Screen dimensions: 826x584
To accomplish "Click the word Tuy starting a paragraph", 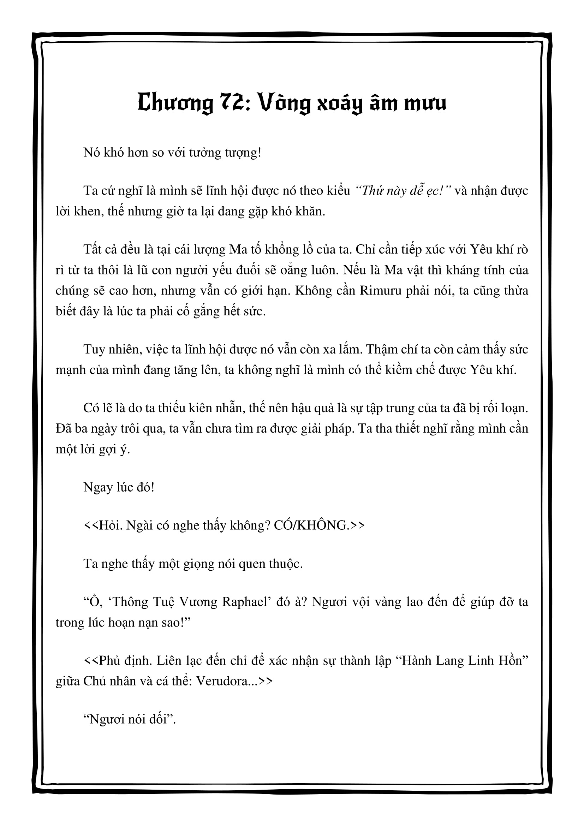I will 95,349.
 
